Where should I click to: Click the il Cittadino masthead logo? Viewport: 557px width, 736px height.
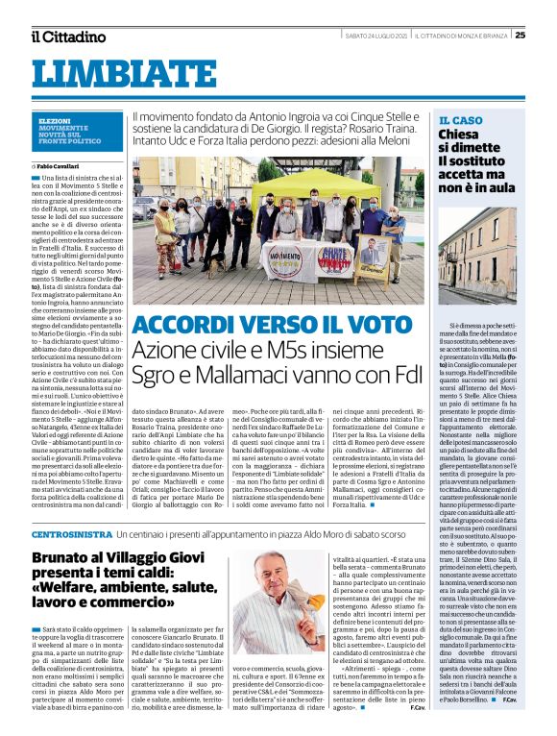point(67,37)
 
